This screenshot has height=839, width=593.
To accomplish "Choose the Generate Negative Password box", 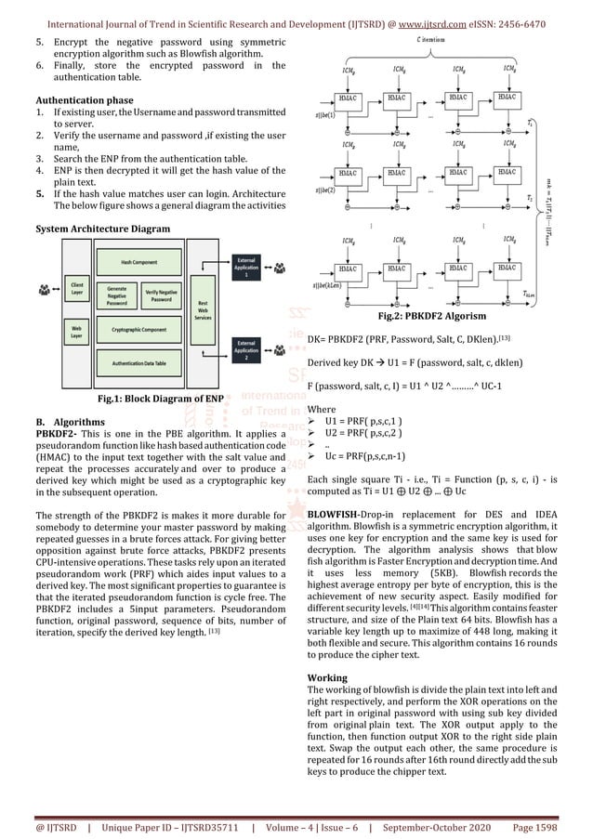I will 117,296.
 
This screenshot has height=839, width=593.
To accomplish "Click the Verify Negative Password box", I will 162,296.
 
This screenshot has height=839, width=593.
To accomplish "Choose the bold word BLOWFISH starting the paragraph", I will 338,513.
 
